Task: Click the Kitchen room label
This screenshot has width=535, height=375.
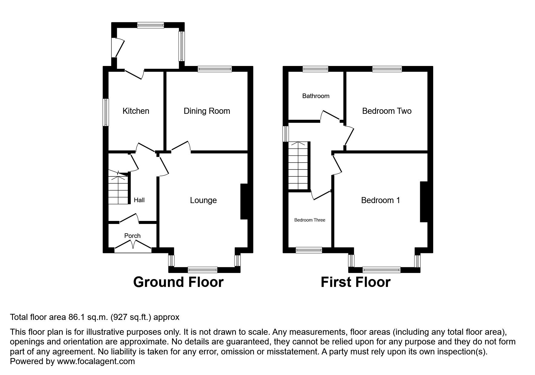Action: pos(136,111)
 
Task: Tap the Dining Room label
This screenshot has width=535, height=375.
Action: pos(207,111)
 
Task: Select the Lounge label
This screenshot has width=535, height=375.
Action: pos(203,200)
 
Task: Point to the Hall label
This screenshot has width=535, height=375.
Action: pos(139,200)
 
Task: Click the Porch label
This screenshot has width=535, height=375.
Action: pos(132,236)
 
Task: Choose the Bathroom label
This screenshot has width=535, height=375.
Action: pos(316,96)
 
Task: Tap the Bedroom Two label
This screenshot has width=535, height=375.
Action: pos(387,111)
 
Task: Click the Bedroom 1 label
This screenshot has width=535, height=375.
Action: pos(380,200)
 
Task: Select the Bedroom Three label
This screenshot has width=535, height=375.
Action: pos(310,220)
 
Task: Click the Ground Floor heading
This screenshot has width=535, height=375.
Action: pos(178,282)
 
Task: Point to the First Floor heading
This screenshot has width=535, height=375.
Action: pos(355,282)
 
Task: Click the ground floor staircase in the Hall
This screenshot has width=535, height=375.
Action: pos(118,189)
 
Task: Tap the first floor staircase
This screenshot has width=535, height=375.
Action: pos(298,166)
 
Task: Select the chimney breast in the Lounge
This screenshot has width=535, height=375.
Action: pos(244,201)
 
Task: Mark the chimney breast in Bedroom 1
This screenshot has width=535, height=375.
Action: pos(424,202)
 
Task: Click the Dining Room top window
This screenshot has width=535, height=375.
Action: pos(215,69)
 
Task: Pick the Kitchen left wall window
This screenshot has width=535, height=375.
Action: pos(106,112)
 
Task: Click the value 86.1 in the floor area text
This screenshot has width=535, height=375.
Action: pos(74,317)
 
